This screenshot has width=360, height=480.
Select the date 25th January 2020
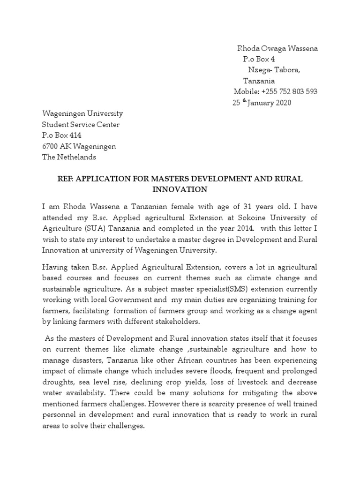coord(262,103)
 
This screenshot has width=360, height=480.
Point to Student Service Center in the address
coord(81,125)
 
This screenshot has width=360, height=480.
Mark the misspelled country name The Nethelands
coord(69,157)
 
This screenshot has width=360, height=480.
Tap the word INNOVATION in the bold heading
coord(180,190)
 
